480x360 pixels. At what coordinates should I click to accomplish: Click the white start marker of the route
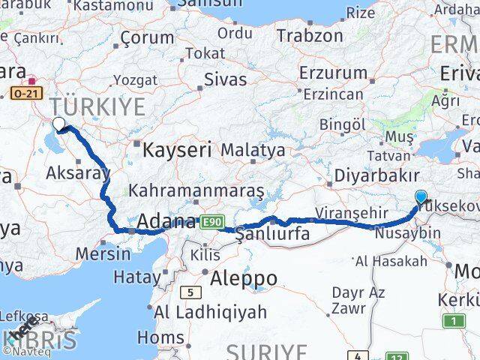[59, 123]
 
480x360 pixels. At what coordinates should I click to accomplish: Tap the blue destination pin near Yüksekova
[421, 197]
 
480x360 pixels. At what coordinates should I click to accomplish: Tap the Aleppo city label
[244, 278]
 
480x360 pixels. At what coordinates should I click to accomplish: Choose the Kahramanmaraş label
[196, 190]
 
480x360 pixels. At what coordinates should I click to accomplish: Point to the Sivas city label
[225, 77]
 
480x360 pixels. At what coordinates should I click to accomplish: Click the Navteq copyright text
[25, 350]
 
